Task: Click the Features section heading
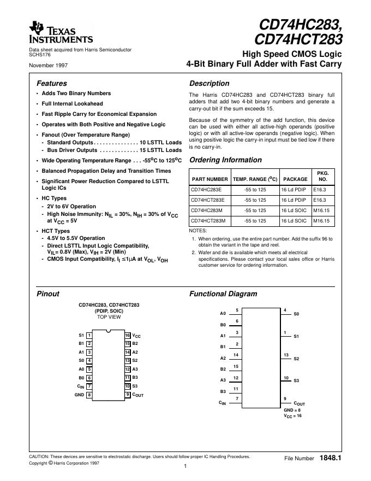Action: pyautogui.click(x=51, y=84)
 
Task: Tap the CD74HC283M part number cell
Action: pyautogui.click(x=207, y=210)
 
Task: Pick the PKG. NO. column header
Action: pyautogui.click(x=322, y=175)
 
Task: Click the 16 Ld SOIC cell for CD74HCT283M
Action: pyautogui.click(x=294, y=221)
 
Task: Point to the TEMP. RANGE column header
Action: pyautogui.click(x=255, y=179)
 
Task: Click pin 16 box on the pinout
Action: pyautogui.click(x=127, y=335)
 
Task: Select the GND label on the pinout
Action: pyautogui.click(x=79, y=395)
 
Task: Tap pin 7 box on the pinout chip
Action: pyautogui.click(x=89, y=386)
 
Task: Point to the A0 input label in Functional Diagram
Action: pyautogui.click(x=223, y=314)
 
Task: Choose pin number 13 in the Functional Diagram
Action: pyautogui.click(x=286, y=355)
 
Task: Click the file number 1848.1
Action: pyautogui.click(x=331, y=457)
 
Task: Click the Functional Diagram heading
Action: pyautogui.click(x=223, y=294)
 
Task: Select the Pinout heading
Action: pyautogui.click(x=47, y=294)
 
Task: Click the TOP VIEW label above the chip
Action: pyautogui.click(x=109, y=317)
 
